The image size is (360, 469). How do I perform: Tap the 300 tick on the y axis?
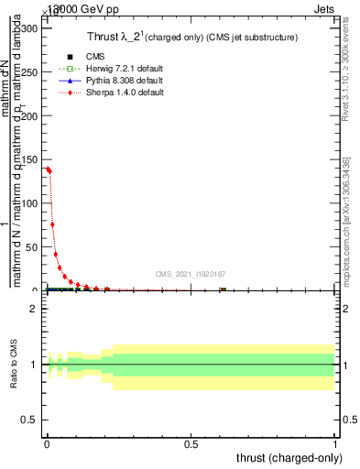[29, 28]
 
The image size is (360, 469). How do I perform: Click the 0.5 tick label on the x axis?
[191, 444]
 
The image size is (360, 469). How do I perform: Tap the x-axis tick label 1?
[335, 444]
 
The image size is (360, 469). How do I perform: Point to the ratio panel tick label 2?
[34, 309]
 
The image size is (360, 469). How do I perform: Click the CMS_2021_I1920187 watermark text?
[191, 273]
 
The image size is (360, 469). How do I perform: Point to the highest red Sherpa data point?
[47, 168]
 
